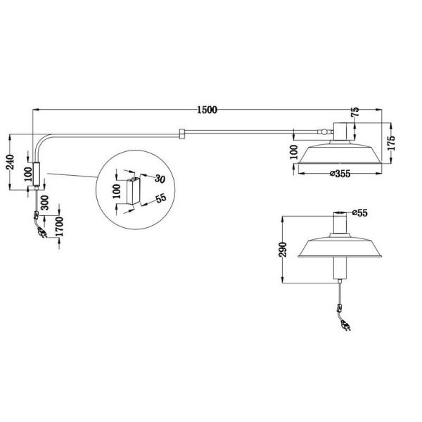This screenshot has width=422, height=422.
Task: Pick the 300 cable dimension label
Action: [x=44, y=203]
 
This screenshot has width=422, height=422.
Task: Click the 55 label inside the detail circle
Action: [x=160, y=199]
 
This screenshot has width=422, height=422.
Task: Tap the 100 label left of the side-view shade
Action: [x=293, y=152]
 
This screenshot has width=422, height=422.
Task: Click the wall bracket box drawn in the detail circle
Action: [x=132, y=192]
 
